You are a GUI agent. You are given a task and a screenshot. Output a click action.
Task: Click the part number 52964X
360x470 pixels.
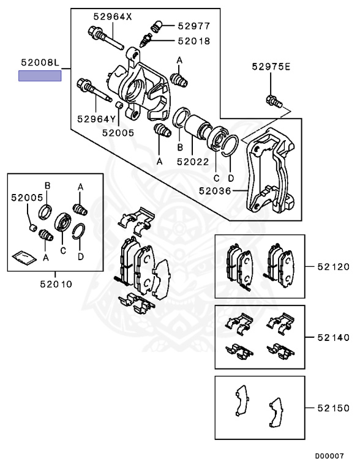click(x=112, y=17)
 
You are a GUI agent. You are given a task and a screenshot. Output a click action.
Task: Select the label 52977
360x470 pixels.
click(x=194, y=26)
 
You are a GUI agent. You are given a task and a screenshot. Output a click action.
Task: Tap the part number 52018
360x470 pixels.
click(x=194, y=41)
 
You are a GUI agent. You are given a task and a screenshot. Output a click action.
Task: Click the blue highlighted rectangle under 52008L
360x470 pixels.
click(x=40, y=76)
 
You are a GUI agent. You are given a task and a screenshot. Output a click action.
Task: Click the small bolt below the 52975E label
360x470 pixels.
click(x=273, y=100)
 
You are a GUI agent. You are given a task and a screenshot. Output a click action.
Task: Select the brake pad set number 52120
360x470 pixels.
click(x=334, y=267)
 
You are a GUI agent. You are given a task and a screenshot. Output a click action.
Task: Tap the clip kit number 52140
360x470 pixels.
click(x=334, y=337)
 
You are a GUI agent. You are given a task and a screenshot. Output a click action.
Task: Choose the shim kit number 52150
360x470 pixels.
click(x=334, y=407)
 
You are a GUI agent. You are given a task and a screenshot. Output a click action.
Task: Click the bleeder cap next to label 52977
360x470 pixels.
click(x=155, y=26)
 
